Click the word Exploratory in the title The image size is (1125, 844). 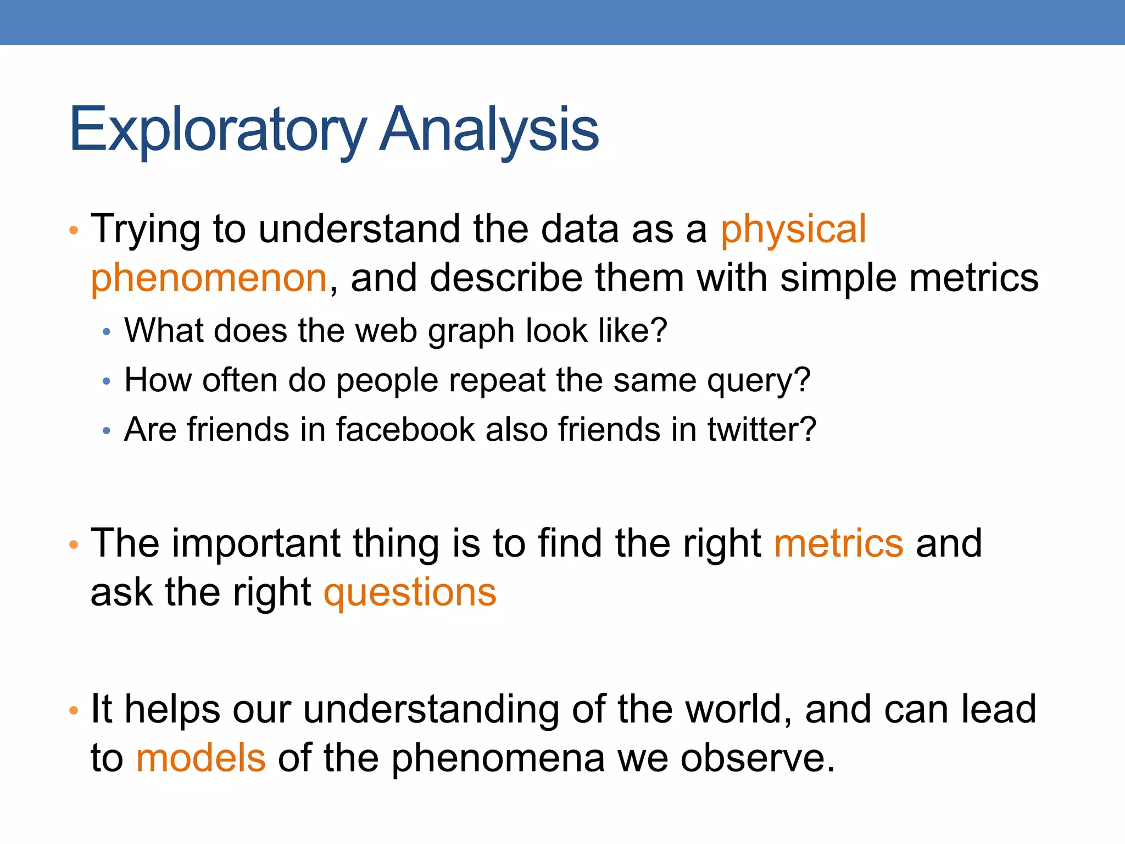217,130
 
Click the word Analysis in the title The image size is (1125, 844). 489,130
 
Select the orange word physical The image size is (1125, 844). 793,230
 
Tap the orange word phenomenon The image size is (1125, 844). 209,279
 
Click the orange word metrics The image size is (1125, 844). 838,543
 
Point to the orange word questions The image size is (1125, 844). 410,593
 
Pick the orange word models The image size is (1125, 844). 201,758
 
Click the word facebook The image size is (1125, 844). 405,429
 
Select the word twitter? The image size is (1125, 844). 761,429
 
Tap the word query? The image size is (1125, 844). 758,381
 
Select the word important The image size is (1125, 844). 256,543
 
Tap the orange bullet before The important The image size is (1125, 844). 74,545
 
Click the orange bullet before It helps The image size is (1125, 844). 74,710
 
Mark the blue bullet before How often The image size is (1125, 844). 107,381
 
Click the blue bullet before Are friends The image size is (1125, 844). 107,431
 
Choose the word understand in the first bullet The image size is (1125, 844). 359,230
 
